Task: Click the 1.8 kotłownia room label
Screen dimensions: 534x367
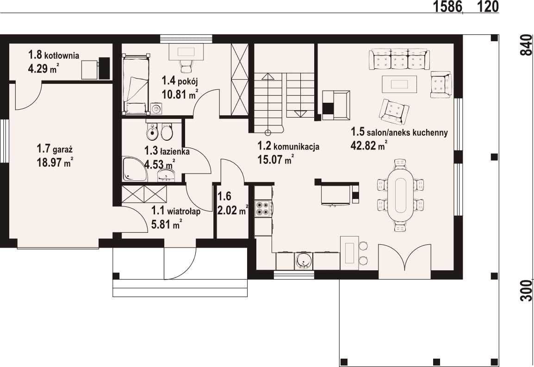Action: (54, 55)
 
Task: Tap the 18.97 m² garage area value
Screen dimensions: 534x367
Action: (55, 162)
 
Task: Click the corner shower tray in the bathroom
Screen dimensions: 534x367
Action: (135, 169)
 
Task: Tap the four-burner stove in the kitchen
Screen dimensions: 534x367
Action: (263, 208)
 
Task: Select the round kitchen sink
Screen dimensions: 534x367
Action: (303, 261)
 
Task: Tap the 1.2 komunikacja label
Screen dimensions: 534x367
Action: (288, 146)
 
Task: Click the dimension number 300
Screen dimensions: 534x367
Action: (526, 291)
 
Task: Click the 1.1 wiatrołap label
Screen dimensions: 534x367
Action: (176, 211)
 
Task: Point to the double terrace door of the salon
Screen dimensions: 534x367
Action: (404, 257)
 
